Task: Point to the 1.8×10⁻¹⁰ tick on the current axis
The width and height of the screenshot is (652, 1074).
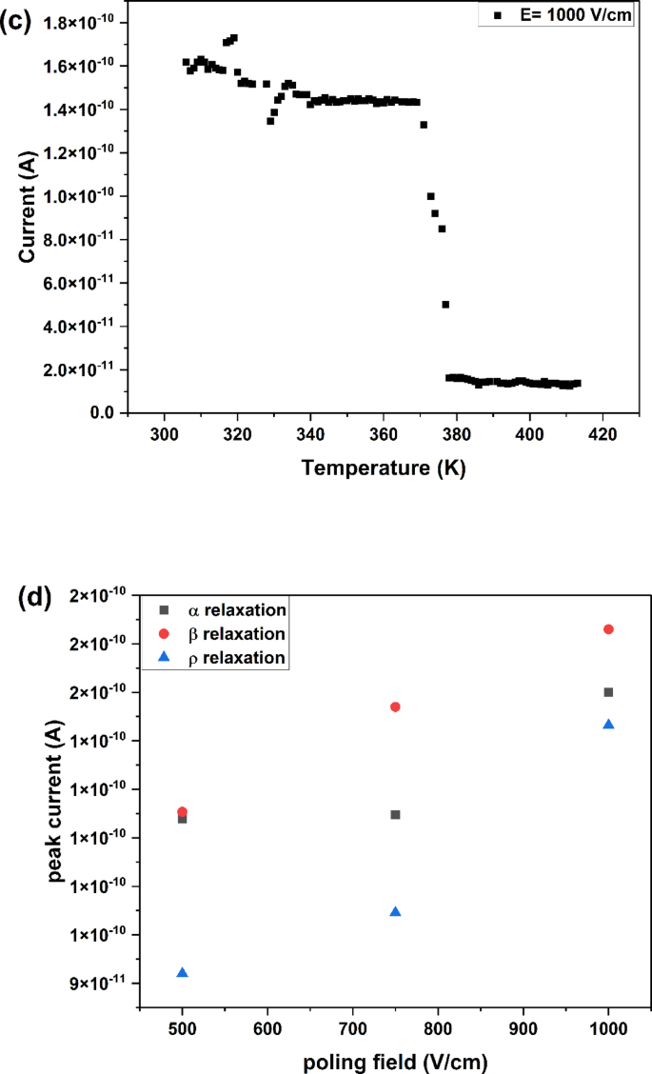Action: click(x=89, y=22)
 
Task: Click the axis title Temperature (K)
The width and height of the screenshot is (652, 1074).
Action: click(x=384, y=468)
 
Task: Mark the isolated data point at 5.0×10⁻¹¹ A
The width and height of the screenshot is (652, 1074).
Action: click(x=445, y=305)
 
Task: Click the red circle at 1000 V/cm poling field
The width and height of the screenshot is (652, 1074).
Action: click(x=608, y=629)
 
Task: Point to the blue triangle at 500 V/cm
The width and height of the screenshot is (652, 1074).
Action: click(x=183, y=972)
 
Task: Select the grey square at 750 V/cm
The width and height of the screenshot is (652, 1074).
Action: click(x=395, y=814)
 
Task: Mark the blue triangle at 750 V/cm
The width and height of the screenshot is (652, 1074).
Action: click(x=395, y=911)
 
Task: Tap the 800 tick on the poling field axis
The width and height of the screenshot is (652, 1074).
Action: click(x=438, y=1028)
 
